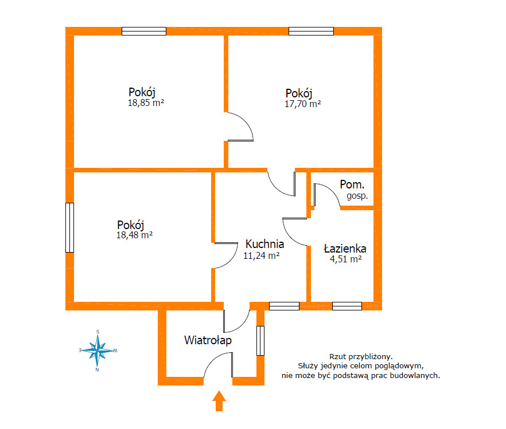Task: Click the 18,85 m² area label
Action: pos(146,103)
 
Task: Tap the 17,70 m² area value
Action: pos(303,104)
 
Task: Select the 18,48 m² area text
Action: pos(134,235)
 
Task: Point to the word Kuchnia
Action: pos(264,244)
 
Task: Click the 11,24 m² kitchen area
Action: pos(262,255)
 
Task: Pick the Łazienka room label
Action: pos(345,249)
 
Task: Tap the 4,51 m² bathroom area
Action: pos(345,259)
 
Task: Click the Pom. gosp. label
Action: pos(353,190)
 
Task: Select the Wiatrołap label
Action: pos(208,340)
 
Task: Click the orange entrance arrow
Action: pos(219,401)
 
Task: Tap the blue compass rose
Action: pos(98,351)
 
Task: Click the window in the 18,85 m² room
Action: pos(144,32)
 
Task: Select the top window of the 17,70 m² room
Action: pos(311,32)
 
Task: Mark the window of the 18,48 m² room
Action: pos(70,228)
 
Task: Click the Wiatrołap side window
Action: pos(260,341)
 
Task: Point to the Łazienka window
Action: pos(347,306)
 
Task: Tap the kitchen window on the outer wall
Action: pos(285,306)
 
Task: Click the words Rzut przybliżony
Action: pos(361,357)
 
